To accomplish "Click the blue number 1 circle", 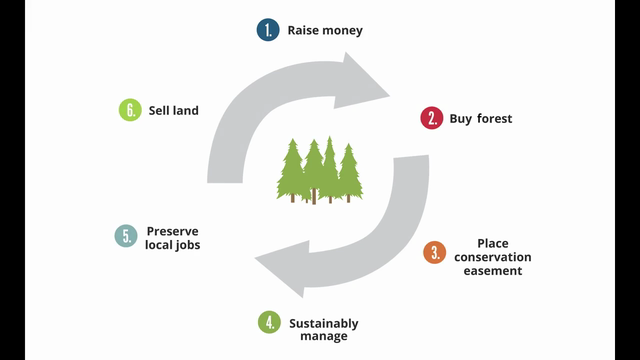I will tap(268, 30).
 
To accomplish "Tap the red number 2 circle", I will tap(432, 118).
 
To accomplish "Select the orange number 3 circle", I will tap(434, 253).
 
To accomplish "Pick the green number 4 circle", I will tap(268, 322).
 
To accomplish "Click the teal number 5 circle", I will tap(126, 236).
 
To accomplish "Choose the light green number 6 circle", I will tap(130, 110).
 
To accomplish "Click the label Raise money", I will tap(325, 30).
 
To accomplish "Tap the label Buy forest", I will tap(481, 118).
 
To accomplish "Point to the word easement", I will tap(492, 270).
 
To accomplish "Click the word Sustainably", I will tap(323, 323).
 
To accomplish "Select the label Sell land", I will tap(173, 110).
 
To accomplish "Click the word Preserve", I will tap(173, 230).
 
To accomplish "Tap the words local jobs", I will tap(173, 244).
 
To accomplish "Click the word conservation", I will tap(492, 256).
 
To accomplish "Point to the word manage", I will tap(323, 337).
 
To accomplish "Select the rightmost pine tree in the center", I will tap(349, 172).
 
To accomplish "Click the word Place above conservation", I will tap(492, 242).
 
